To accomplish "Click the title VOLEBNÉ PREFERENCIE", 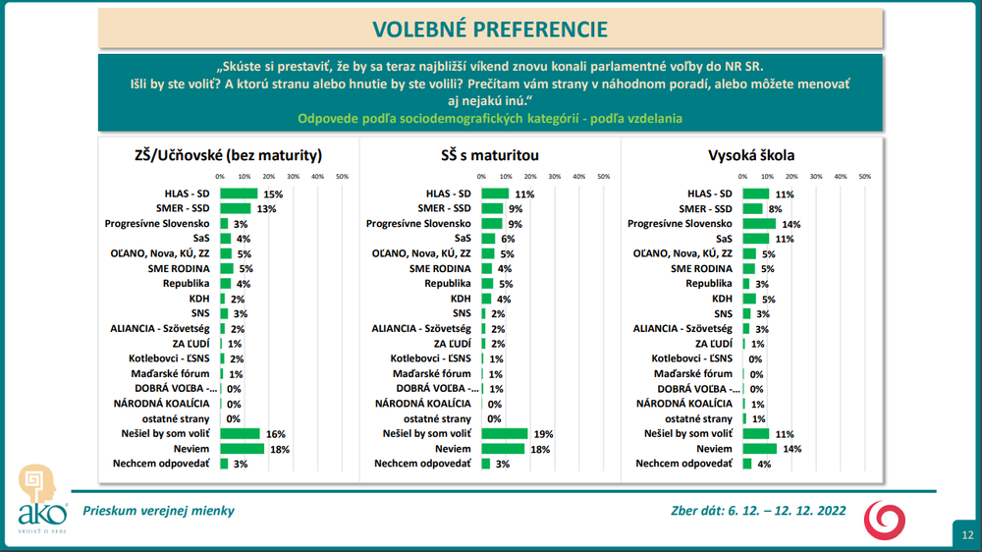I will click(x=490, y=28).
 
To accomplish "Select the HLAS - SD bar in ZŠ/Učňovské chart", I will click(x=239, y=193).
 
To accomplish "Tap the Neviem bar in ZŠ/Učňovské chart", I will click(x=242, y=448).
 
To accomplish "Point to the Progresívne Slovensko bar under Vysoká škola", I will click(x=759, y=223).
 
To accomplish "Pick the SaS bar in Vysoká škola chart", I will click(x=755, y=238).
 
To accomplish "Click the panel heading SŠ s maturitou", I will click(x=489, y=155).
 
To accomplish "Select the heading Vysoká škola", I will click(x=751, y=155).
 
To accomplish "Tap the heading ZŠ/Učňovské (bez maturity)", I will click(x=228, y=155).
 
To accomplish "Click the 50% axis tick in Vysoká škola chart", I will click(x=865, y=177).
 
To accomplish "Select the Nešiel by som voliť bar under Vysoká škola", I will click(x=755, y=433).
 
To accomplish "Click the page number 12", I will click(x=967, y=535).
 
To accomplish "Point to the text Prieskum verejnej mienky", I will click(x=158, y=511).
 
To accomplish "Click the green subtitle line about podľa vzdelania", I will click(x=490, y=119).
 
